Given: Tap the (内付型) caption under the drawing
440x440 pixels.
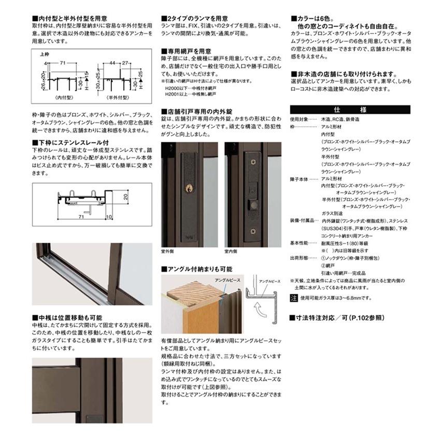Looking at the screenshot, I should click(x=64, y=97).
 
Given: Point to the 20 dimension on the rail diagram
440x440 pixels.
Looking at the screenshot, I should click(x=125, y=197).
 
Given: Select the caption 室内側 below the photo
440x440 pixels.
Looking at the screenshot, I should click(x=230, y=251).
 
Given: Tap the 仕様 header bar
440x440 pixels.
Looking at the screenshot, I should click(x=350, y=109).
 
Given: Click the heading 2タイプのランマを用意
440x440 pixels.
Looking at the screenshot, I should click(x=194, y=17).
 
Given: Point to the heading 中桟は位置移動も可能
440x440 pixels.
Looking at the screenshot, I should click(x=67, y=317).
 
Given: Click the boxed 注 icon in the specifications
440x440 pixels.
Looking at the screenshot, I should click(x=294, y=298).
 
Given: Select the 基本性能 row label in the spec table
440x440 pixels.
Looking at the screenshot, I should click(x=299, y=242).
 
